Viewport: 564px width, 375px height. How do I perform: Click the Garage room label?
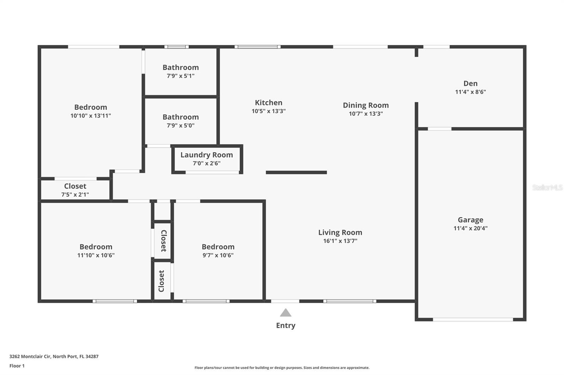click(470, 220)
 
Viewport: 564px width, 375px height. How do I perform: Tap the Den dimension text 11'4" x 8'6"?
click(470, 92)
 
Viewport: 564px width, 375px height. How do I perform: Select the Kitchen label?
click(268, 103)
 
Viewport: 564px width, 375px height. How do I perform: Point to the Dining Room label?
click(366, 105)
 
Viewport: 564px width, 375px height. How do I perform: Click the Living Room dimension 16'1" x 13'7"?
click(340, 241)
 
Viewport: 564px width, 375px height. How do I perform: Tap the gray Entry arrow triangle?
click(286, 313)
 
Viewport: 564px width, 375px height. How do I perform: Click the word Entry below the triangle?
click(286, 325)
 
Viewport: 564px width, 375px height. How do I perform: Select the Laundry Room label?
click(207, 155)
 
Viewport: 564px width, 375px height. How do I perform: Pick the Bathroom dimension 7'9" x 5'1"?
click(180, 76)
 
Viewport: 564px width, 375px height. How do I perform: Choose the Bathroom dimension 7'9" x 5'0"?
click(180, 126)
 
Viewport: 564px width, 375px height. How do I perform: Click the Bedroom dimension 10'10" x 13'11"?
click(91, 116)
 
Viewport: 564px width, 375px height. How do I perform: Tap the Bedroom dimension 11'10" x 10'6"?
click(96, 255)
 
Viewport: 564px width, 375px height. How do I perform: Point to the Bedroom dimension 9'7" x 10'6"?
click(218, 255)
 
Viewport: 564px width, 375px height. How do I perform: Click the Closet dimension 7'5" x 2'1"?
click(75, 195)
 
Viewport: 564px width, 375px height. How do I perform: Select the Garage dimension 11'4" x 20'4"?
click(470, 228)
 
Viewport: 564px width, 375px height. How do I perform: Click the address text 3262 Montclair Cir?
click(30, 356)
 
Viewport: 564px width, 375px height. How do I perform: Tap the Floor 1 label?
click(17, 366)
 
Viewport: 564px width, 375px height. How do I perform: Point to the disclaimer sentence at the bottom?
click(282, 368)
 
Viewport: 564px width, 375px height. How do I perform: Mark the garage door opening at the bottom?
click(473, 319)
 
